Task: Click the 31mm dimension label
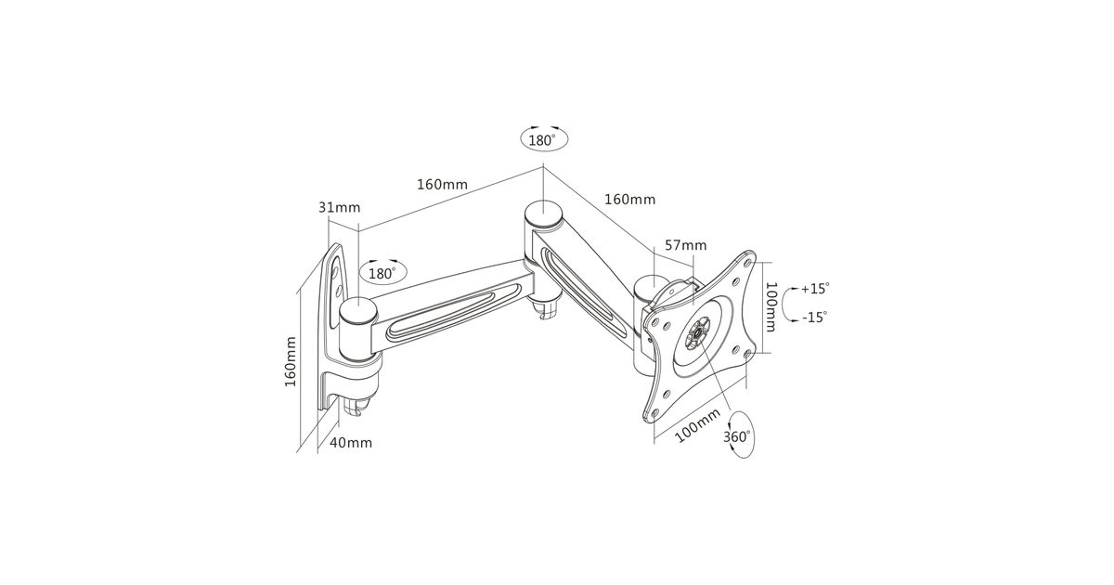pos(339,207)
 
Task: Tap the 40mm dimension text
pos(351,442)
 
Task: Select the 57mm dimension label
pos(686,245)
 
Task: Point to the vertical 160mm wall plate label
pos(290,361)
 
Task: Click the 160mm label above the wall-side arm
pos(442,185)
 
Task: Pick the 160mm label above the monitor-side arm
pos(629,200)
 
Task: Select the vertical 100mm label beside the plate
pos(771,307)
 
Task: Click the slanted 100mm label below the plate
pos(697,426)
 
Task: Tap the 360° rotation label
pos(736,436)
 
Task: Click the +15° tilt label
pos(815,289)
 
